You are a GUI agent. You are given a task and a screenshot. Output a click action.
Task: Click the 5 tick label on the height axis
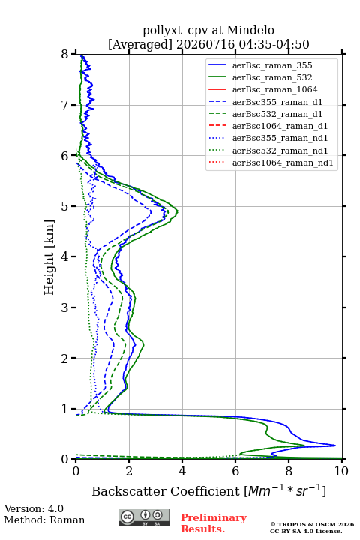click(x=64, y=206)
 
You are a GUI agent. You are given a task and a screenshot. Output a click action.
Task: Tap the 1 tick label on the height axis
click(x=64, y=409)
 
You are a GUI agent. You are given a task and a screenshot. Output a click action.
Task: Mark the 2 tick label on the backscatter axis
click(x=129, y=471)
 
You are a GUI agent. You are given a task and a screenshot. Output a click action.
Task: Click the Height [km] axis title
click(x=49, y=257)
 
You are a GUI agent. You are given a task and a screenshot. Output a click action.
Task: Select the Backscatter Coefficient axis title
click(x=208, y=490)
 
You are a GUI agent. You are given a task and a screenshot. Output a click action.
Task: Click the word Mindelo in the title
click(x=250, y=30)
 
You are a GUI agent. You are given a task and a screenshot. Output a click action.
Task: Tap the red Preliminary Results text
click(x=214, y=523)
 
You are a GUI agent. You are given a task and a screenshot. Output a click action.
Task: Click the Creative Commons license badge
click(x=144, y=517)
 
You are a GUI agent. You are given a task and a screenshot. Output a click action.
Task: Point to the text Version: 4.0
click(x=34, y=508)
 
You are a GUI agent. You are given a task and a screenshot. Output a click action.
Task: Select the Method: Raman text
click(x=44, y=520)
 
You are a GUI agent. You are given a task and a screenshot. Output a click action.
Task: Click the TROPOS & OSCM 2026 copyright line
click(x=313, y=524)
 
